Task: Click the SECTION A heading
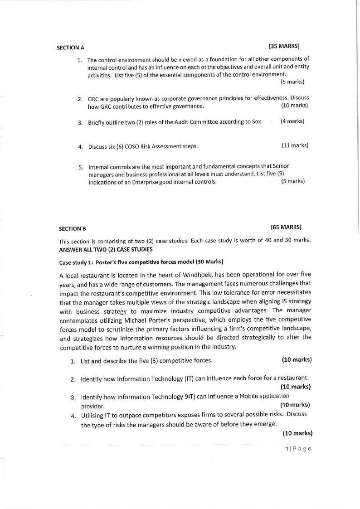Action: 70,47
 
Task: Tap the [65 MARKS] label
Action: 286,227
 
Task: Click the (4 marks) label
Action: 292,121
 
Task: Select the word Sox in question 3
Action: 257,121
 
